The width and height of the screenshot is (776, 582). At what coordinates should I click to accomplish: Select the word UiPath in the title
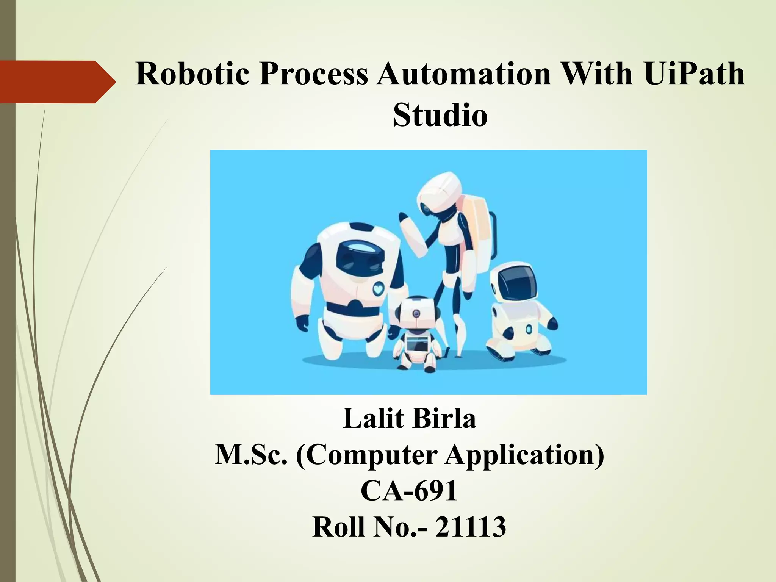coord(694,74)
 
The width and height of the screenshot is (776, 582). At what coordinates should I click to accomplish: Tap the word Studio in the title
coord(440,115)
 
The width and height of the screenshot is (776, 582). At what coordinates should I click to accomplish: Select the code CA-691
coord(409,491)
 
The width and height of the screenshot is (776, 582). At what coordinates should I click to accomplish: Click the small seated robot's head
coord(416,313)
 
